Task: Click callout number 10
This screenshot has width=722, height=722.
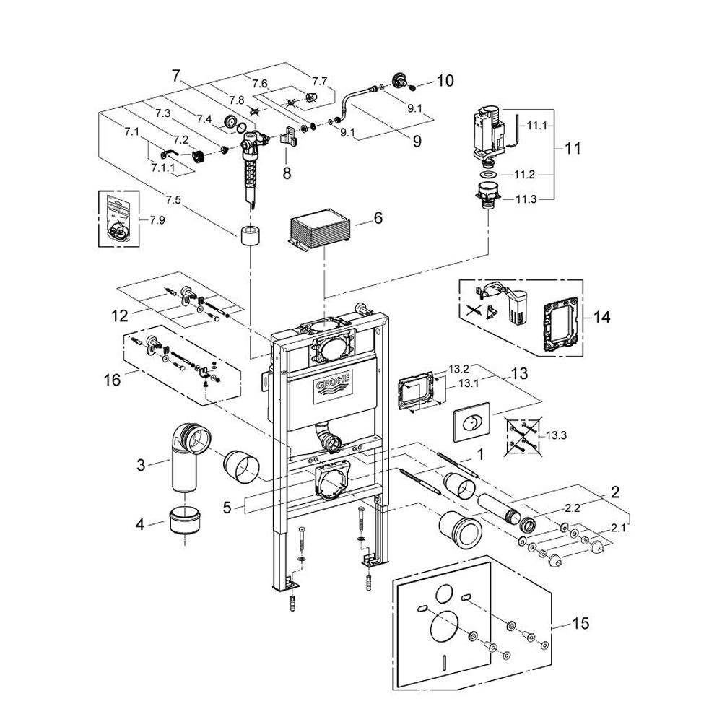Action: [445, 81]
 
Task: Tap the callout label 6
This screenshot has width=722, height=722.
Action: [378, 217]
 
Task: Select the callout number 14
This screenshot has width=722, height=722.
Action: [602, 317]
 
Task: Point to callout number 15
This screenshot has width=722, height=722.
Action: [580, 624]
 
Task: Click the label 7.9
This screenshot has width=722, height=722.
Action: [157, 220]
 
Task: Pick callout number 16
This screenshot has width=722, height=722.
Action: [113, 380]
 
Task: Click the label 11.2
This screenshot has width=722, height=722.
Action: [524, 175]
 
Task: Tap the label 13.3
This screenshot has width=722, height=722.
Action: [556, 435]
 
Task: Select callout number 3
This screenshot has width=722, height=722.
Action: [141, 464]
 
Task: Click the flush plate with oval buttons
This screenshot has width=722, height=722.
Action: [472, 422]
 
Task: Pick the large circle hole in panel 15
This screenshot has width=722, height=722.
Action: [444, 625]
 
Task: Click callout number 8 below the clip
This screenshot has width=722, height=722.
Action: [287, 173]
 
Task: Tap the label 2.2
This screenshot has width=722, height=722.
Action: [573, 508]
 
